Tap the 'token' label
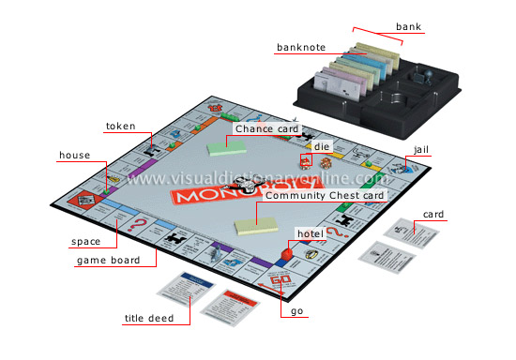120,125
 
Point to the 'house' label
74,155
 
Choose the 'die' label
322,147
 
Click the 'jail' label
422,149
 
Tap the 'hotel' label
309,232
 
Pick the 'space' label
86,241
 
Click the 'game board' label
108,260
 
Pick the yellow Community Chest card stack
256,224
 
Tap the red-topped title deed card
227,306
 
